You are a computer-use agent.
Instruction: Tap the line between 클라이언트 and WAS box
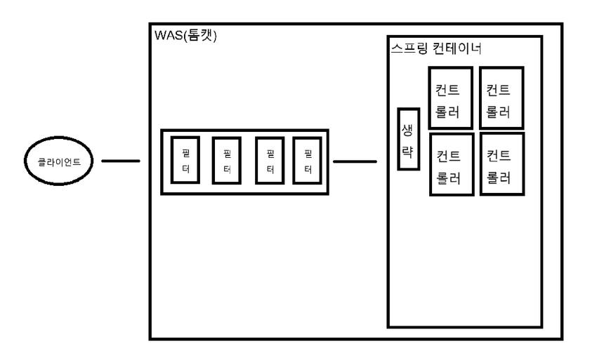click(x=121, y=161)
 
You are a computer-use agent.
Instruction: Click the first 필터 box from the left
click(x=185, y=161)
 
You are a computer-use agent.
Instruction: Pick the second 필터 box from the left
click(x=227, y=161)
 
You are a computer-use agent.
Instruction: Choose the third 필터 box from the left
click(x=270, y=161)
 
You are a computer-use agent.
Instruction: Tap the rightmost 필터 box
click(x=307, y=161)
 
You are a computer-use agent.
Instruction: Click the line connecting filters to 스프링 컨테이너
click(x=355, y=161)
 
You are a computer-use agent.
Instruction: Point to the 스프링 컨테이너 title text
click(x=435, y=50)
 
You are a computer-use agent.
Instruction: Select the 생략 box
click(x=408, y=139)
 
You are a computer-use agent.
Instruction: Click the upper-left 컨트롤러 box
click(x=447, y=98)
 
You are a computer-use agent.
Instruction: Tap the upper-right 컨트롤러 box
click(x=501, y=98)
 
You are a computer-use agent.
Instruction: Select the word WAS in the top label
click(x=168, y=36)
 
